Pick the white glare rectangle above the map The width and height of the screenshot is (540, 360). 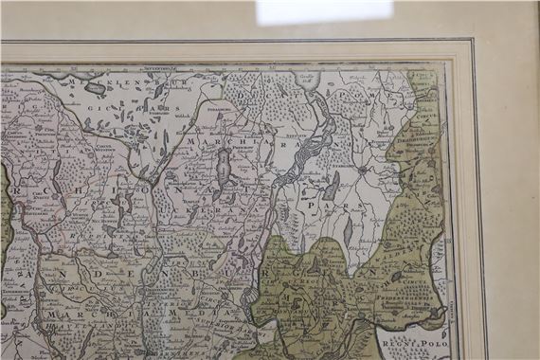coord(323,10)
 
